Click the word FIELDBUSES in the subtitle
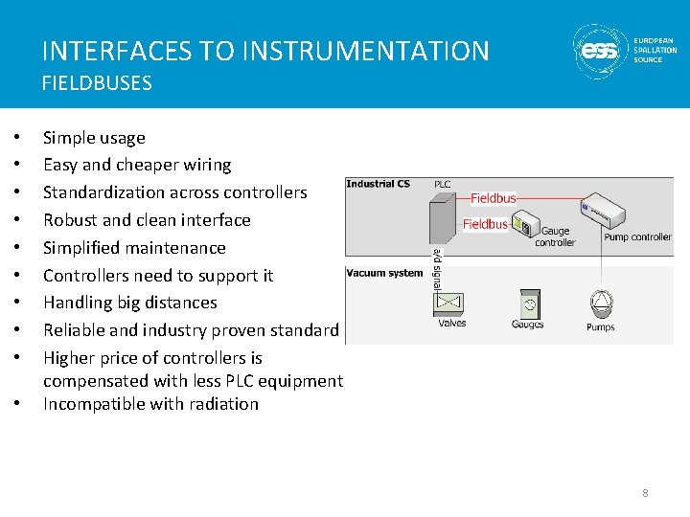97,83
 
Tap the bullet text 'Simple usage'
94,138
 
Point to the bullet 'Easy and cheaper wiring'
137,165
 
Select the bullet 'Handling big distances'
130,303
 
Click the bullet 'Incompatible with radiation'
150,404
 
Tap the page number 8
645,493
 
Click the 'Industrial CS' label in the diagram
378,184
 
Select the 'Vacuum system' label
384,273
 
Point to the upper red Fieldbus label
494,198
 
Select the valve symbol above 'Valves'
449,303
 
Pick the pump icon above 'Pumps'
601,303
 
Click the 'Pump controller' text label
637,236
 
